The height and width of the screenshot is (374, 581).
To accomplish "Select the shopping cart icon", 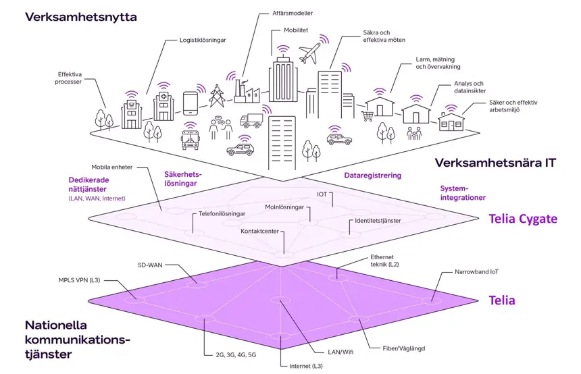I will coord(368,116).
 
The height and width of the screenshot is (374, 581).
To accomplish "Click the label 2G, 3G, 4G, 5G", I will coord(229,354).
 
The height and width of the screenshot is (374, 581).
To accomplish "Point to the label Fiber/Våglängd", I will coord(403,348).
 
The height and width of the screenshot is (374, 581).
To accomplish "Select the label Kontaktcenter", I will coord(260,232).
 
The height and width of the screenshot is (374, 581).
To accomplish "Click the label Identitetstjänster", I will coord(378,221).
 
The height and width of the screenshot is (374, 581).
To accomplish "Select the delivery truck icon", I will coord(251,121).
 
